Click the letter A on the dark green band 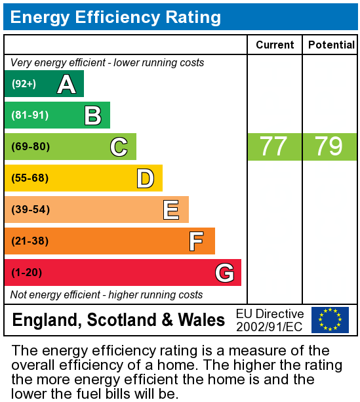tap(66, 84)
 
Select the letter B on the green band tap(92, 115)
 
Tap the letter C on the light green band tap(119, 147)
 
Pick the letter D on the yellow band tap(145, 178)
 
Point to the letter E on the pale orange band tap(171, 210)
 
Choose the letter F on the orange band tap(196, 241)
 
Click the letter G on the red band tap(224, 273)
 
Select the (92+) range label tap(24, 84)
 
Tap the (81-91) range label tap(30, 115)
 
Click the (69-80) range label tap(30, 147)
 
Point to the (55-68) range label tap(30, 178)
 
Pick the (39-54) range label tap(30, 210)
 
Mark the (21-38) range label tap(30, 241)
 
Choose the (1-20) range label tap(27, 273)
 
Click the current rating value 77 tap(273, 147)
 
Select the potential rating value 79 tap(329, 147)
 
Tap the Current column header tap(275, 45)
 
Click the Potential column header tap(330, 45)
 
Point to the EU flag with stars tap(330, 320)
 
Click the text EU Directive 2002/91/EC tap(270, 320)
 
